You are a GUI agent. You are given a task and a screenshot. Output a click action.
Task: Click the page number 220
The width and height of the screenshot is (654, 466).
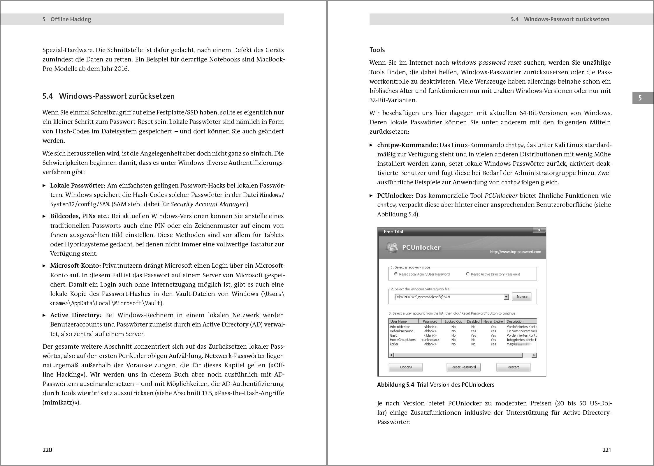click(x=47, y=450)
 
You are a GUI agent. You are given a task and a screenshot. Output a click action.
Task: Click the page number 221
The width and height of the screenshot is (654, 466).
click(x=606, y=450)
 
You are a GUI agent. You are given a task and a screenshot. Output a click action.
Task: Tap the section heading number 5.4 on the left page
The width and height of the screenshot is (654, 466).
click(x=48, y=96)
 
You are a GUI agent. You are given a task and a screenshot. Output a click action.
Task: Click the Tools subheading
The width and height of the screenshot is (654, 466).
click(x=377, y=50)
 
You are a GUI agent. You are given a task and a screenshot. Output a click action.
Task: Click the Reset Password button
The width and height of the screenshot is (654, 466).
click(x=463, y=367)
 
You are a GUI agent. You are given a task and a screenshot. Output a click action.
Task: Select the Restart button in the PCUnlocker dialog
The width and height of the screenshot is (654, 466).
click(x=513, y=367)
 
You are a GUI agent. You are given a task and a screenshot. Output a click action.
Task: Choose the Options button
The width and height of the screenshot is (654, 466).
click(x=406, y=367)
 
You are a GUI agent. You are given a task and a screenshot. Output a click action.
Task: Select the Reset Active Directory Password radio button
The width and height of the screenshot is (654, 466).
click(x=468, y=274)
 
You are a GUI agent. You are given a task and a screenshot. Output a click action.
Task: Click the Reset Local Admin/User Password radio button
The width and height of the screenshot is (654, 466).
click(x=396, y=274)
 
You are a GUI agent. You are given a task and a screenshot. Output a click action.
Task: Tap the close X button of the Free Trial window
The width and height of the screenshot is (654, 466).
click(x=539, y=230)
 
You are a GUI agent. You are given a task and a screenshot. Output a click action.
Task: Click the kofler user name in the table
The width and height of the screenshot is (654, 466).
click(x=394, y=344)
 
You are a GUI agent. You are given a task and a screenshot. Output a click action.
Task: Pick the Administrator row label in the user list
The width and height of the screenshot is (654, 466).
click(x=400, y=327)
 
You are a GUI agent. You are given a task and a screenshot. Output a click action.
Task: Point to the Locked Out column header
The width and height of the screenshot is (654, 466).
click(x=453, y=321)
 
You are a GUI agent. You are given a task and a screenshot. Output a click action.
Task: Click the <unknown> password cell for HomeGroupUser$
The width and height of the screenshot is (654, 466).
click(x=430, y=340)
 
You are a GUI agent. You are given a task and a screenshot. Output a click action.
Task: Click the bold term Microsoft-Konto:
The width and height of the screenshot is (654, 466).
click(x=75, y=266)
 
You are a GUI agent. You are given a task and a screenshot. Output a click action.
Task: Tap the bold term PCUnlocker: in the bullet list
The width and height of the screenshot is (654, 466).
click(x=395, y=196)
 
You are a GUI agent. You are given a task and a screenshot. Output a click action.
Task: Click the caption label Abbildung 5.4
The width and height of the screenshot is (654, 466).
click(x=395, y=385)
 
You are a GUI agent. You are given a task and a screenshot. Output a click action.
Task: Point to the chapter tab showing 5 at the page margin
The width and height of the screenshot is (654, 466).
click(x=640, y=98)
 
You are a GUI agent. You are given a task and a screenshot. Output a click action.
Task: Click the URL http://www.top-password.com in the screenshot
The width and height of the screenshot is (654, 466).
click(x=515, y=252)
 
